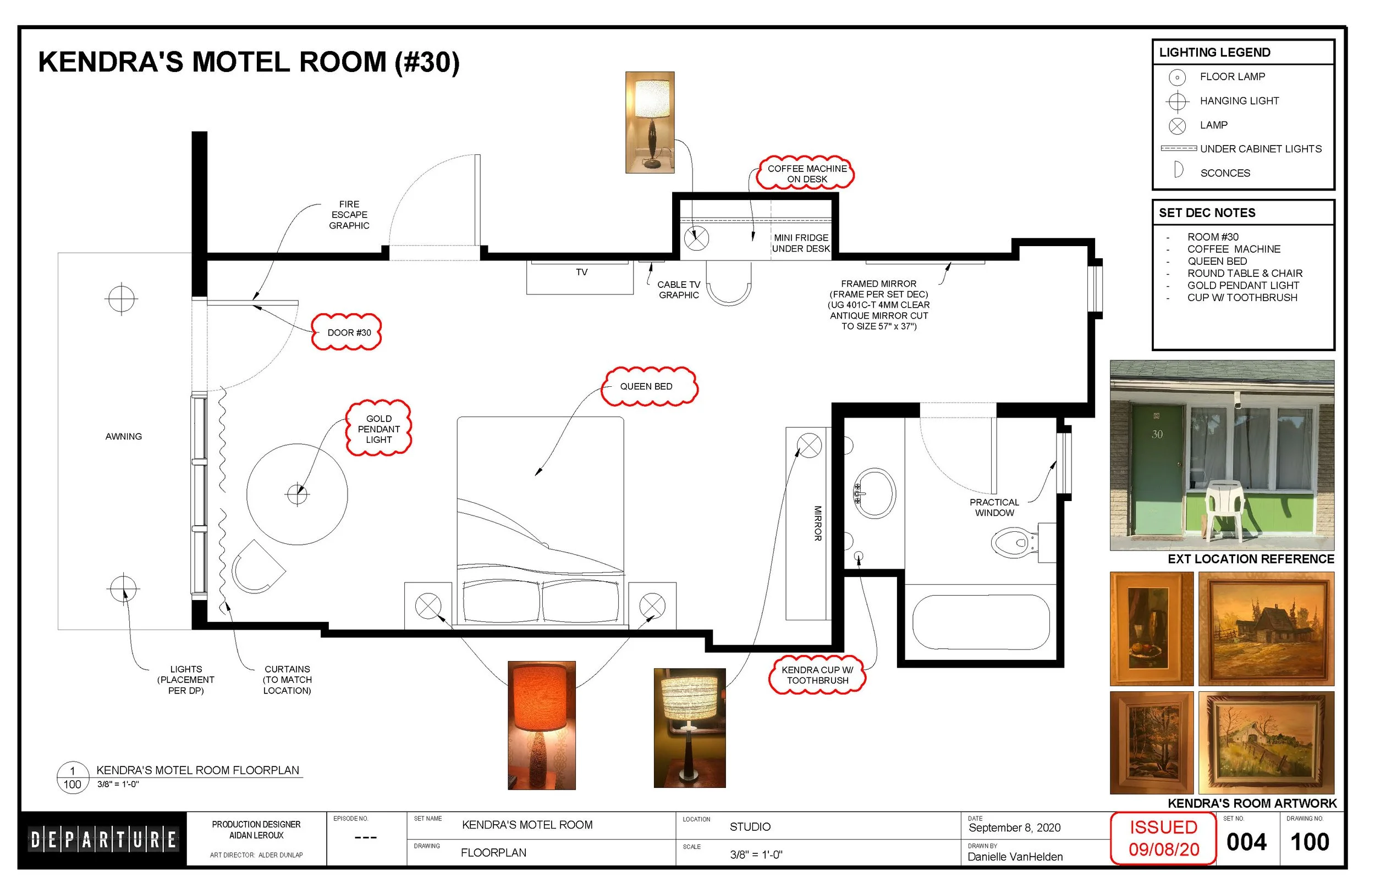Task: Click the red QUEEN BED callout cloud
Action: (x=649, y=387)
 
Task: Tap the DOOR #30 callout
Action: (x=346, y=332)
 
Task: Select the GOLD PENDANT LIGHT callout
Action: (x=379, y=429)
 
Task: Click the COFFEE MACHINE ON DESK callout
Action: (x=806, y=173)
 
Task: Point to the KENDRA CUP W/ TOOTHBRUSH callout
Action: (x=817, y=675)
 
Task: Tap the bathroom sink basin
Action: (x=875, y=493)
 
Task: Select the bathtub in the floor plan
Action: (x=981, y=623)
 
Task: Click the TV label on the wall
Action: (x=582, y=272)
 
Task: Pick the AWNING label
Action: (x=124, y=436)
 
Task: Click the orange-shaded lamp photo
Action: (x=541, y=725)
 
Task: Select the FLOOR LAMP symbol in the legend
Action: (x=1177, y=77)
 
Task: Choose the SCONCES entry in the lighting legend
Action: (x=1225, y=173)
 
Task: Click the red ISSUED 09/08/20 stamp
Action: (x=1164, y=838)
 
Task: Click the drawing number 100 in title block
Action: (x=1310, y=842)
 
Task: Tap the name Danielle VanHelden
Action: (x=1015, y=857)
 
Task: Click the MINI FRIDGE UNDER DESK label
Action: (x=801, y=243)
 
